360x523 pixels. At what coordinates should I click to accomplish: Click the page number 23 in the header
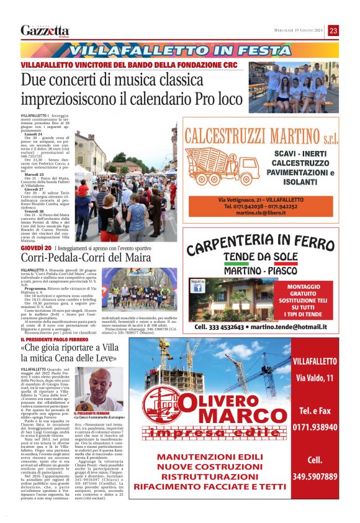pyautogui.click(x=333, y=30)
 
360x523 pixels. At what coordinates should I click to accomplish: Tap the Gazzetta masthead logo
pyautogui.click(x=45, y=30)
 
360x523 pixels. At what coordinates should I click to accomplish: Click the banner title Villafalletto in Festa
pyautogui.click(x=179, y=49)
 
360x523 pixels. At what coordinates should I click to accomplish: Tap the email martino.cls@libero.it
pyautogui.click(x=269, y=212)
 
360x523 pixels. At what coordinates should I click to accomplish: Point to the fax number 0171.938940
pyautogui.click(x=315, y=427)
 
